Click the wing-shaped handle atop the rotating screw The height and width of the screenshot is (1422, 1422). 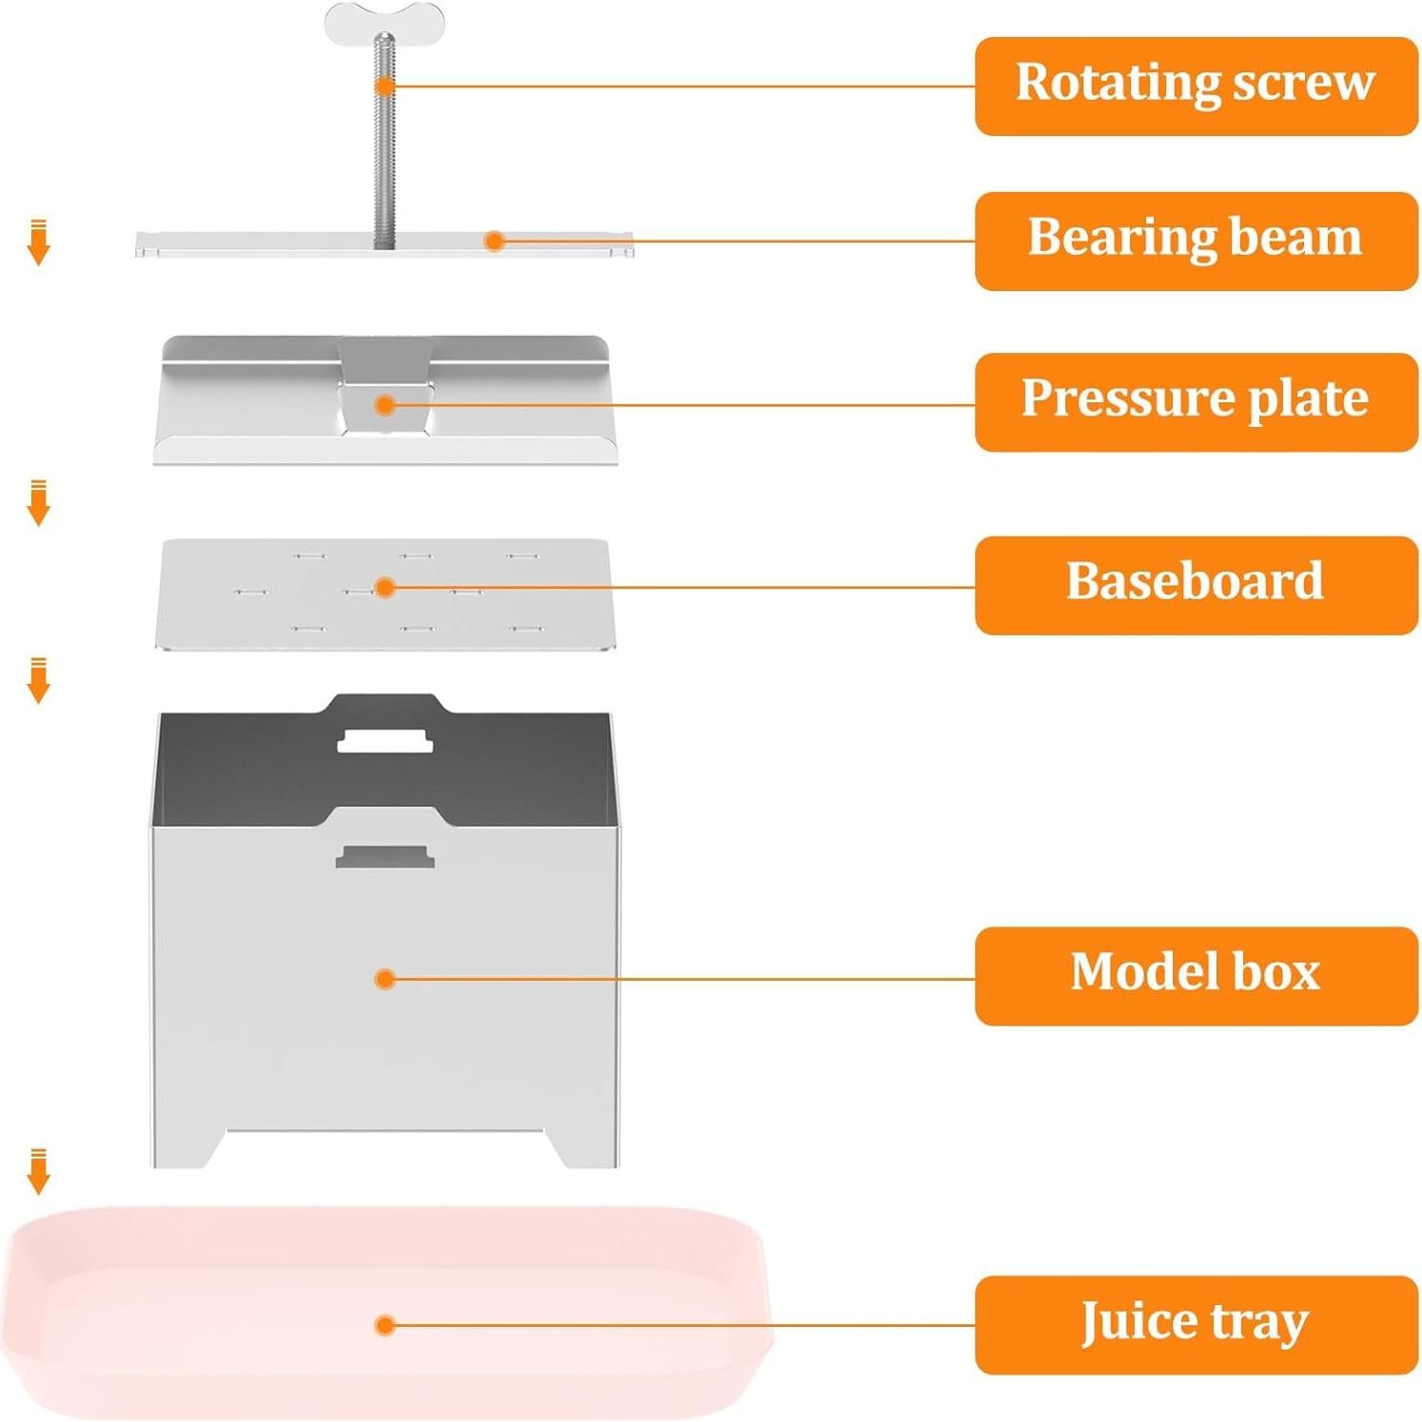pos(384,21)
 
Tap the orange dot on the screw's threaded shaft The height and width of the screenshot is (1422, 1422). pos(384,86)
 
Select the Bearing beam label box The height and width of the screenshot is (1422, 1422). pos(1196,241)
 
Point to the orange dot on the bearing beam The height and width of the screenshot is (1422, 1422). pos(494,241)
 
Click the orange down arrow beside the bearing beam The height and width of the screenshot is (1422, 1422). pos(38,243)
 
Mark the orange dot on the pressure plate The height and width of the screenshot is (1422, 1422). pos(384,405)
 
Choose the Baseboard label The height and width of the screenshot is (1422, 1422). pos(1196,584)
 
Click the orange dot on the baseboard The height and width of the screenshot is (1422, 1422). pos(384,588)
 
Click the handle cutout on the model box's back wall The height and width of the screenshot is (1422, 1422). pos(384,740)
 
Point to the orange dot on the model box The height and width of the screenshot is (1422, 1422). pos(384,979)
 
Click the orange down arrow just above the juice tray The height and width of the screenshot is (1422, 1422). pos(38,1172)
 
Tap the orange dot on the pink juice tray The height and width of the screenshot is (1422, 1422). pos(384,1324)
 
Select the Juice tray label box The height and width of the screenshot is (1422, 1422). pos(1196,1324)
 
